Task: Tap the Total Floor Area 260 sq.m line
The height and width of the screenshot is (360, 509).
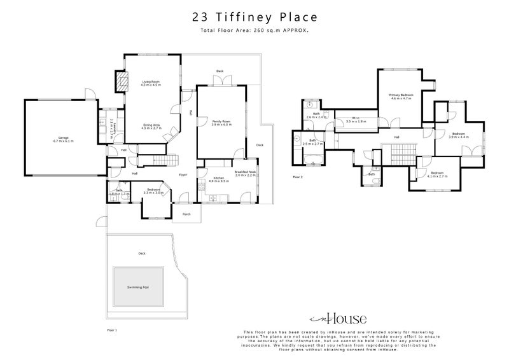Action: tap(254, 30)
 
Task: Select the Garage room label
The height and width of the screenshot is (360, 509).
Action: tap(64, 139)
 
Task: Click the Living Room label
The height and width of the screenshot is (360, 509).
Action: tap(151, 83)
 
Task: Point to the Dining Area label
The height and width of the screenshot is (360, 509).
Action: tap(151, 127)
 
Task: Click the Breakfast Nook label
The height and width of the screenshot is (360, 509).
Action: tap(245, 172)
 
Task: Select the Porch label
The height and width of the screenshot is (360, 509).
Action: tap(186, 214)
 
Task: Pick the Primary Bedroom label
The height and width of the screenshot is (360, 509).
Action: tap(401, 97)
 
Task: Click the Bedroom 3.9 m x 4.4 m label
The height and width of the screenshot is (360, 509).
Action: tap(458, 135)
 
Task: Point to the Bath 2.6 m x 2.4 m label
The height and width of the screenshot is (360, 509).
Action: tap(316, 116)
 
